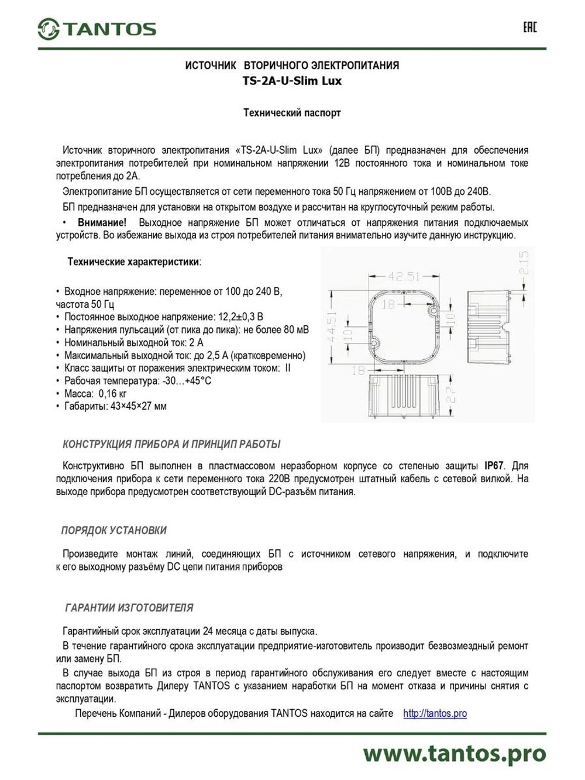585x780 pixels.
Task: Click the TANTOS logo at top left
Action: (x=97, y=29)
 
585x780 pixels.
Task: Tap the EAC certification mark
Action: (x=529, y=28)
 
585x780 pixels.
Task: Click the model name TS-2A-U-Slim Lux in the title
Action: (x=292, y=81)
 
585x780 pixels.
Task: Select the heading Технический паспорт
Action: (x=292, y=112)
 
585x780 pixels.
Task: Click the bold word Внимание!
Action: (x=102, y=222)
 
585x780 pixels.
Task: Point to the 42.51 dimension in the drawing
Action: (x=404, y=276)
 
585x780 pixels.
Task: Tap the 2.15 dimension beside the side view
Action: (x=525, y=263)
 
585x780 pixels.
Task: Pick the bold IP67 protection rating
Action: (x=494, y=466)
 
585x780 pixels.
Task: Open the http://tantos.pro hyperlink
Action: (x=435, y=713)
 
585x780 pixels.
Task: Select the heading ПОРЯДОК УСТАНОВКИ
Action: (x=114, y=530)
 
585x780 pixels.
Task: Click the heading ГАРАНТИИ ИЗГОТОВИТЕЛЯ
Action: (x=129, y=607)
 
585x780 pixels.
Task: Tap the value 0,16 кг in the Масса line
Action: (x=112, y=393)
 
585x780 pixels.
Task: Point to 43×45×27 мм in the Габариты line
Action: (x=138, y=406)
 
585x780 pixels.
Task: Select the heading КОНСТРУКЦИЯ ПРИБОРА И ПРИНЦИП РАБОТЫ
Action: (x=171, y=444)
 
